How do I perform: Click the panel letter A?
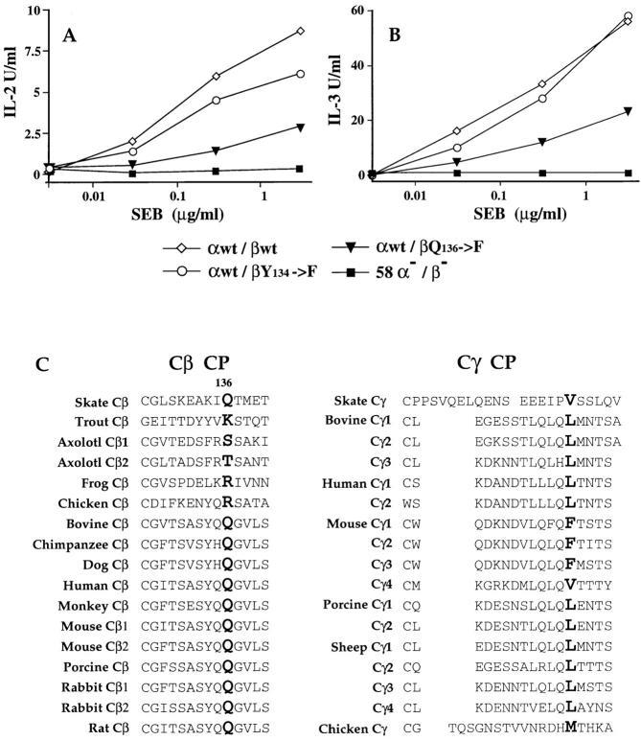(x=69, y=36)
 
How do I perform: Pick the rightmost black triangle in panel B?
(x=629, y=111)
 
